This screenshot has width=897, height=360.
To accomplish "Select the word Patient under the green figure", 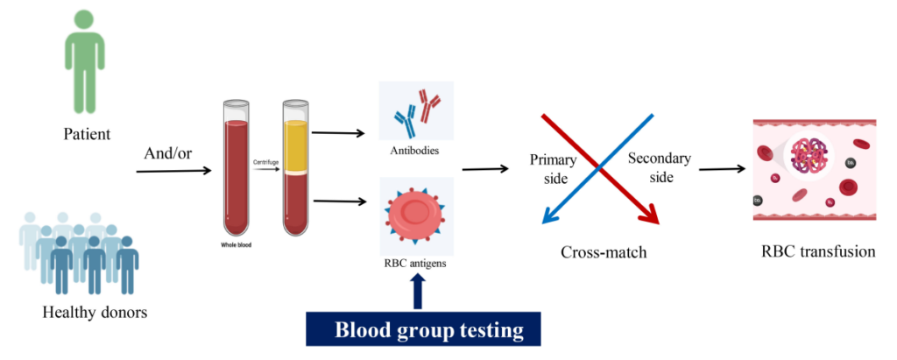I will [86, 136].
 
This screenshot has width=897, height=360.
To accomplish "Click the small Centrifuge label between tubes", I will [265, 162].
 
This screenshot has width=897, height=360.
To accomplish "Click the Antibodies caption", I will [415, 151].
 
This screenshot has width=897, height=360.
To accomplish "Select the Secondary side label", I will [659, 167].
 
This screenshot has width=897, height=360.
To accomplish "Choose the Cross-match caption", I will [603, 253].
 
